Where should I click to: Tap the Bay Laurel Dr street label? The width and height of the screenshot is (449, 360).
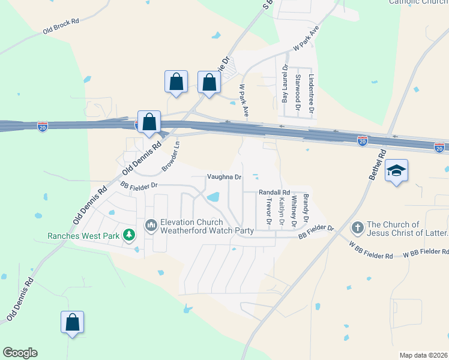285,85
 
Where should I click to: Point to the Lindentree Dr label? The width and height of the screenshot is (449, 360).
311,92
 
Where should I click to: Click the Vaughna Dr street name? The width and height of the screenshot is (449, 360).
224,177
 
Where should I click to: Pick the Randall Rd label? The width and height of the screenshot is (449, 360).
274,192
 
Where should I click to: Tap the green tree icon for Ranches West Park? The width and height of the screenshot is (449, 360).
128,235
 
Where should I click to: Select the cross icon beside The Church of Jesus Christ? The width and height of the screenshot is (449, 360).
357,227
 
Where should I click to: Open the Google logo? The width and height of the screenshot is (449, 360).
20,353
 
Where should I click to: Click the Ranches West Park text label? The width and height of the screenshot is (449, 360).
83,236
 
